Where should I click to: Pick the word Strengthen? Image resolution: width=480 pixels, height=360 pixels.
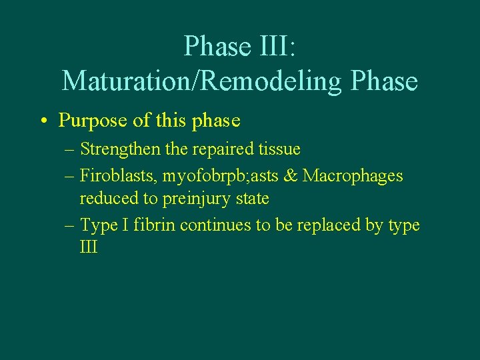pos(120,149)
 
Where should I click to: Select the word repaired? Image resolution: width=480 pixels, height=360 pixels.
pos(217,149)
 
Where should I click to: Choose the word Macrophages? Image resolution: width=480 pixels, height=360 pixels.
pos(353,176)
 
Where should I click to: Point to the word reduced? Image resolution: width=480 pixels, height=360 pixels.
pos(104,199)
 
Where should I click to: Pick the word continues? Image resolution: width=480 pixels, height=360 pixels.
pos(212,225)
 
